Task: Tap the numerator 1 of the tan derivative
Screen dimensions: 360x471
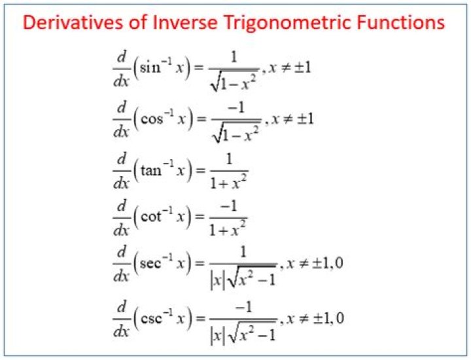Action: coord(228,158)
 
